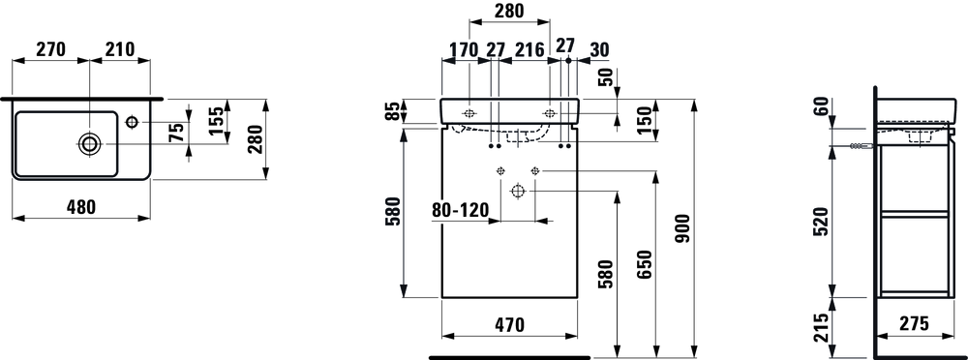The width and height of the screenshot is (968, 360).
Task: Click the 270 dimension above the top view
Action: tap(50, 49)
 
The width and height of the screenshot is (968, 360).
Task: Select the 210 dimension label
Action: tap(119, 49)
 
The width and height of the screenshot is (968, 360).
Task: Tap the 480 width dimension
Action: tap(81, 207)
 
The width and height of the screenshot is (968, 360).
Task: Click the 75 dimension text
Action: tap(176, 133)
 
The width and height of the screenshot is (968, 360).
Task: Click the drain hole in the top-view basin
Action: tap(89, 144)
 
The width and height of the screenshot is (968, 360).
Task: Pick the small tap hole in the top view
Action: tap(132, 122)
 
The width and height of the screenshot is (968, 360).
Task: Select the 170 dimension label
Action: tap(463, 50)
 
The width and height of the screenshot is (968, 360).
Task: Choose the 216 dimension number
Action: tap(529, 50)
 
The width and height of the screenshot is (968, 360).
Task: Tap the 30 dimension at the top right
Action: tap(599, 50)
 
